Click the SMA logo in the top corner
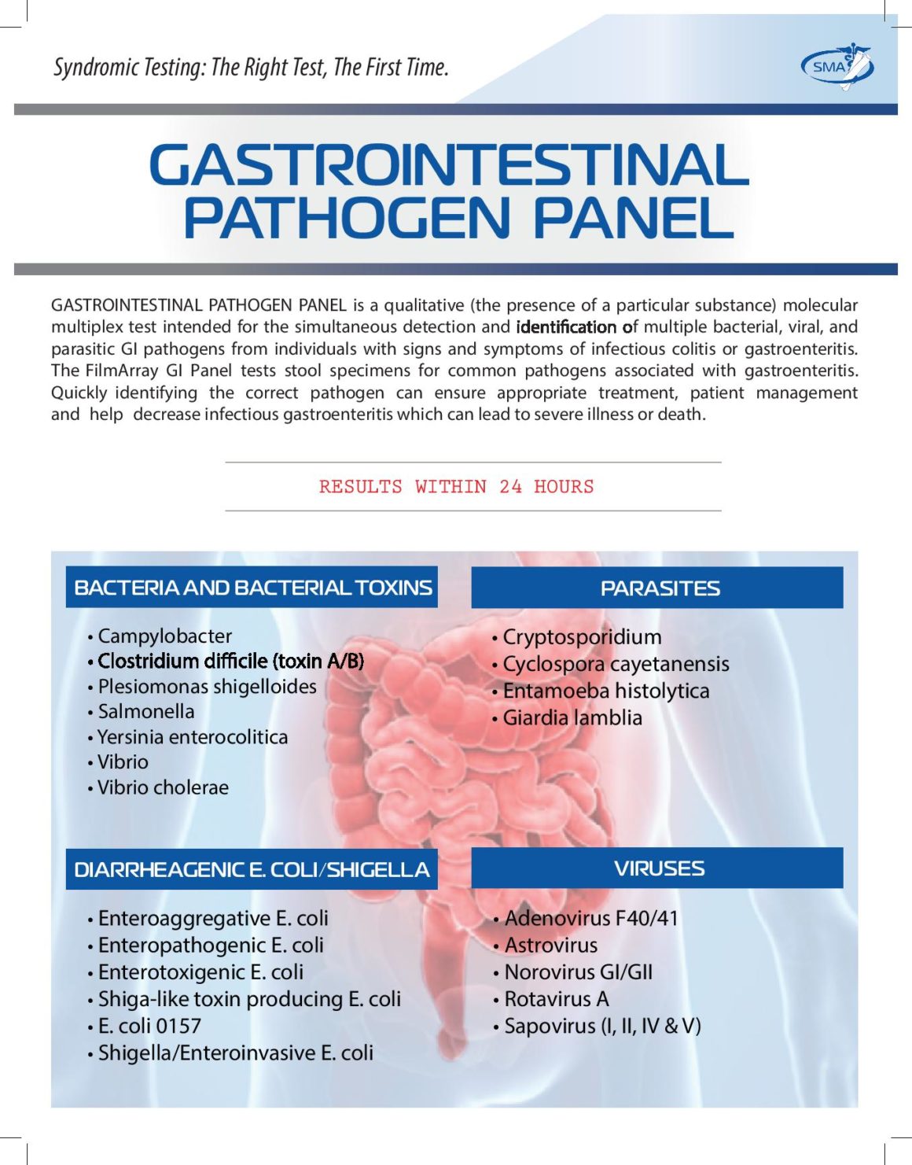pos(837,66)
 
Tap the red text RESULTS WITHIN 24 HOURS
pos(456,487)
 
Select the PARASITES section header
pos(659,588)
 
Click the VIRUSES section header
pos(659,868)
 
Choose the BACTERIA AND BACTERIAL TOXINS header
pos(252,588)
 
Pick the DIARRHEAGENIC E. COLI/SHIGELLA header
pos(252,870)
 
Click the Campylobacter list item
pos(164,636)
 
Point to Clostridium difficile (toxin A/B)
pos(230,661)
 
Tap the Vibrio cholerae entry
pos(163,787)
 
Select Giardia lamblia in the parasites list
pos(572,717)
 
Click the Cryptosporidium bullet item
pos(581,637)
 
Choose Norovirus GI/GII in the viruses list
pos(578,972)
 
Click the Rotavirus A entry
pos(556,999)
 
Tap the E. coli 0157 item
pos(149,1026)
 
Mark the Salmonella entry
pos(145,711)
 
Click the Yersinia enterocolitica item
pos(192,737)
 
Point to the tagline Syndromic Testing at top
pos(251,68)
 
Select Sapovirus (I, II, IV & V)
pos(602,1026)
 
